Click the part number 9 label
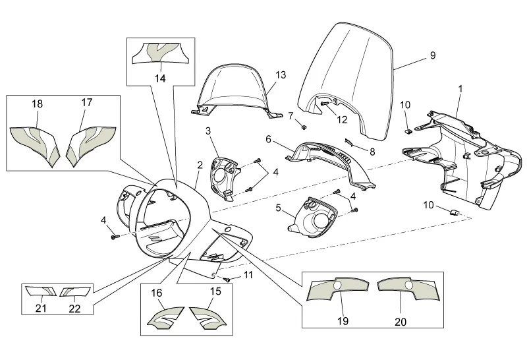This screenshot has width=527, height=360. pos(432,56)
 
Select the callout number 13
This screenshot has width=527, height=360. pos(281,75)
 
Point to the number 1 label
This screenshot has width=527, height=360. pos(460,88)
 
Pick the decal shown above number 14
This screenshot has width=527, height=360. pos(160,53)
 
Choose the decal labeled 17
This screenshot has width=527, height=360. pos(92,139)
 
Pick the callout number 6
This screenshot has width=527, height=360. pos(269,139)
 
